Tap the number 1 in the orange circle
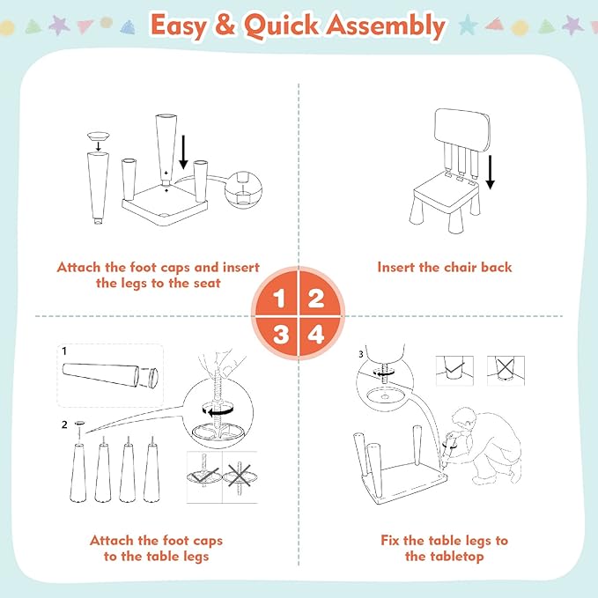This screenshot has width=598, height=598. (279, 299)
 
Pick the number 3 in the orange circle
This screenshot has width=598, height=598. (279, 335)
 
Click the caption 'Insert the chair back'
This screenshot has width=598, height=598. (444, 267)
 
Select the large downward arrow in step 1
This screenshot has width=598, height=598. (183, 151)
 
